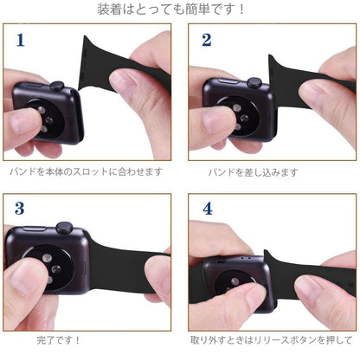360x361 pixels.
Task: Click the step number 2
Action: pyautogui.click(x=206, y=40)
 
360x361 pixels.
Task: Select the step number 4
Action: pyautogui.click(x=207, y=209)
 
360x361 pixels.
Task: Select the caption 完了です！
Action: pyautogui.click(x=61, y=339)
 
